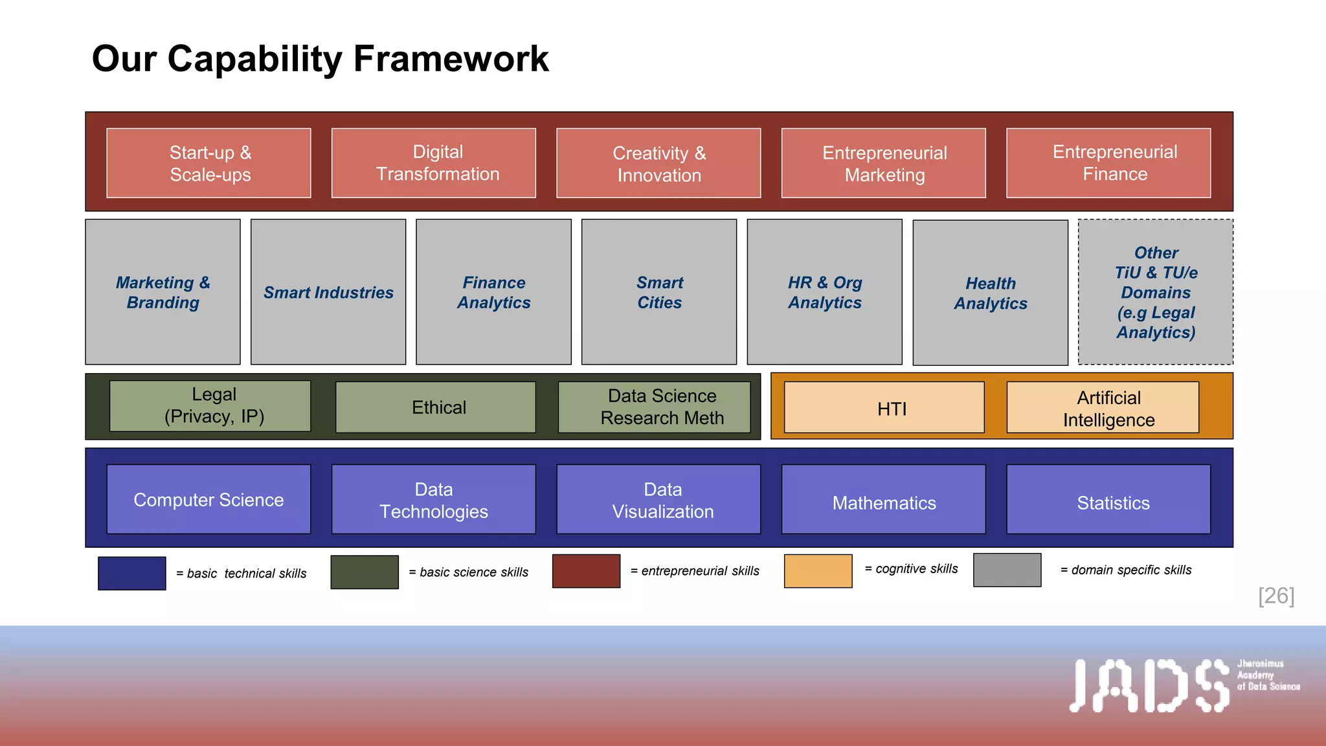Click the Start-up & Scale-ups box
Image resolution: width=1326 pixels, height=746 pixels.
[208, 163]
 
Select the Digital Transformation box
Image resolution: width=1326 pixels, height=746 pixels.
[433, 163]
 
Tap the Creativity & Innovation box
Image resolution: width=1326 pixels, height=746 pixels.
[658, 163]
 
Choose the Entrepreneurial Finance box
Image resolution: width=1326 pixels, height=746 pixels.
[1108, 163]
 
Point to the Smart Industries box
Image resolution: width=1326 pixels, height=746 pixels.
[328, 292]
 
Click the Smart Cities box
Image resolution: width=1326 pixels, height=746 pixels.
[659, 292]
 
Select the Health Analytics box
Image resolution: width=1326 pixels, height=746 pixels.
[990, 293]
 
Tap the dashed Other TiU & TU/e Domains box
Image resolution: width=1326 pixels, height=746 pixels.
[1155, 292]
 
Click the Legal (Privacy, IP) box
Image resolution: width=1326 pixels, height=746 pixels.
[210, 406]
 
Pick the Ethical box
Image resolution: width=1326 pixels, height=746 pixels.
[436, 407]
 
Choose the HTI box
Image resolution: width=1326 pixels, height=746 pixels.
[884, 408]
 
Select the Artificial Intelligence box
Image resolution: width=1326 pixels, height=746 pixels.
[1103, 408]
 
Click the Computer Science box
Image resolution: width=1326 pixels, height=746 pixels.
[208, 499]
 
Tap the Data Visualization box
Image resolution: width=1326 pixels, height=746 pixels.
[658, 499]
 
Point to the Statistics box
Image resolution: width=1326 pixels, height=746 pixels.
[1108, 499]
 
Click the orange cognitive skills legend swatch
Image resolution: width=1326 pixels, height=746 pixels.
[818, 571]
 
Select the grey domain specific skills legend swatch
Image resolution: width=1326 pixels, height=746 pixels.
[1007, 570]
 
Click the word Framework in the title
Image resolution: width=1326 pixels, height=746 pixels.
[451, 59]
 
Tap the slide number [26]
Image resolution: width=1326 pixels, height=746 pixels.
[1275, 596]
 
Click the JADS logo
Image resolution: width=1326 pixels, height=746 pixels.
[1149, 686]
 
